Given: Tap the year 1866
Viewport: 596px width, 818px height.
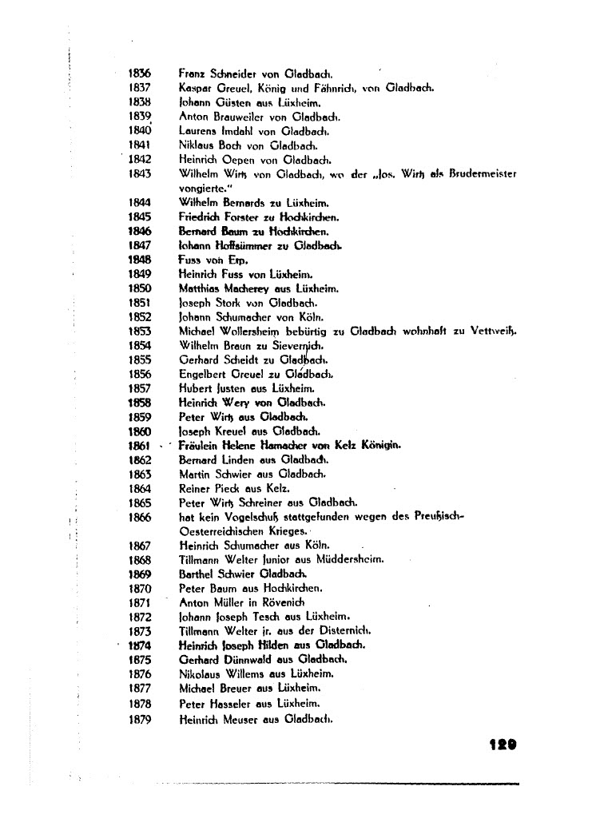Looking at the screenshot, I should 140,517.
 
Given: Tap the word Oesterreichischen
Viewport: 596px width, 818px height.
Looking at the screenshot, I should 223,530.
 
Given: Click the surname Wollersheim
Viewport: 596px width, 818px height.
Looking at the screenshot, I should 260,330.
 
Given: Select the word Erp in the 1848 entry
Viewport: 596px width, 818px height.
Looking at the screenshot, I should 237,260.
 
